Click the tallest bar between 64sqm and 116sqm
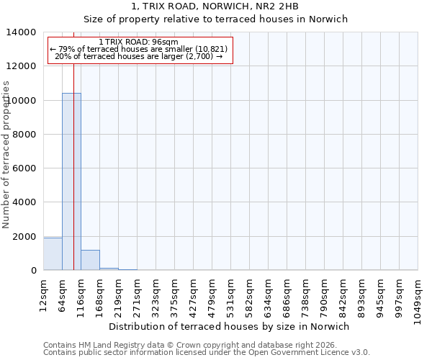point(71,181)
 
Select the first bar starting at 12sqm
point(53,254)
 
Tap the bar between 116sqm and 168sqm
point(90,260)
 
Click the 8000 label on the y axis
point(24,135)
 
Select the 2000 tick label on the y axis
point(24,237)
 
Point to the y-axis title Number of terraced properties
point(7,154)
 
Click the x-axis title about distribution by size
point(230,326)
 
